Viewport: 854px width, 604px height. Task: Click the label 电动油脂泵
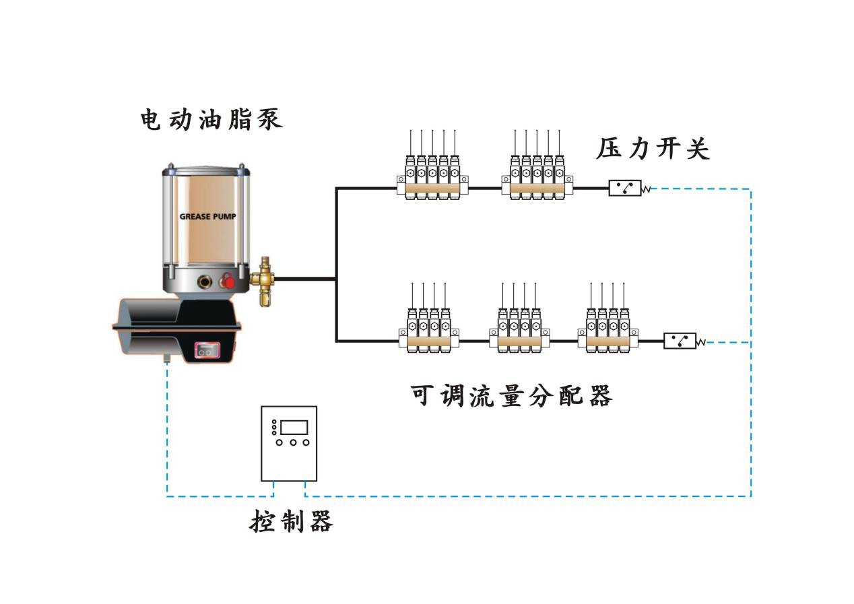(211, 119)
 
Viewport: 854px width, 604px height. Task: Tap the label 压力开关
(653, 149)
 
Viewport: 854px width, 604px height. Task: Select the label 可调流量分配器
(511, 396)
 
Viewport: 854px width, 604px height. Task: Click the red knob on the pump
(229, 281)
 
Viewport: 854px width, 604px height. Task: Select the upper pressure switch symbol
(625, 188)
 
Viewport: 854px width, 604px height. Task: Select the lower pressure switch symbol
(680, 341)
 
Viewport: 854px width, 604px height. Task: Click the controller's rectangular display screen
(294, 426)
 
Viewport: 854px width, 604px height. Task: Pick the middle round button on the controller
(293, 442)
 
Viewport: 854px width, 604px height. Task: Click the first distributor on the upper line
(432, 178)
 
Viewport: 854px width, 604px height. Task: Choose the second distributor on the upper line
(537, 178)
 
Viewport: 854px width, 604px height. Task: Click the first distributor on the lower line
(428, 331)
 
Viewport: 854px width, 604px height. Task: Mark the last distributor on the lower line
(607, 331)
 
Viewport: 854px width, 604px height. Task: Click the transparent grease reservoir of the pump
(205, 222)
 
